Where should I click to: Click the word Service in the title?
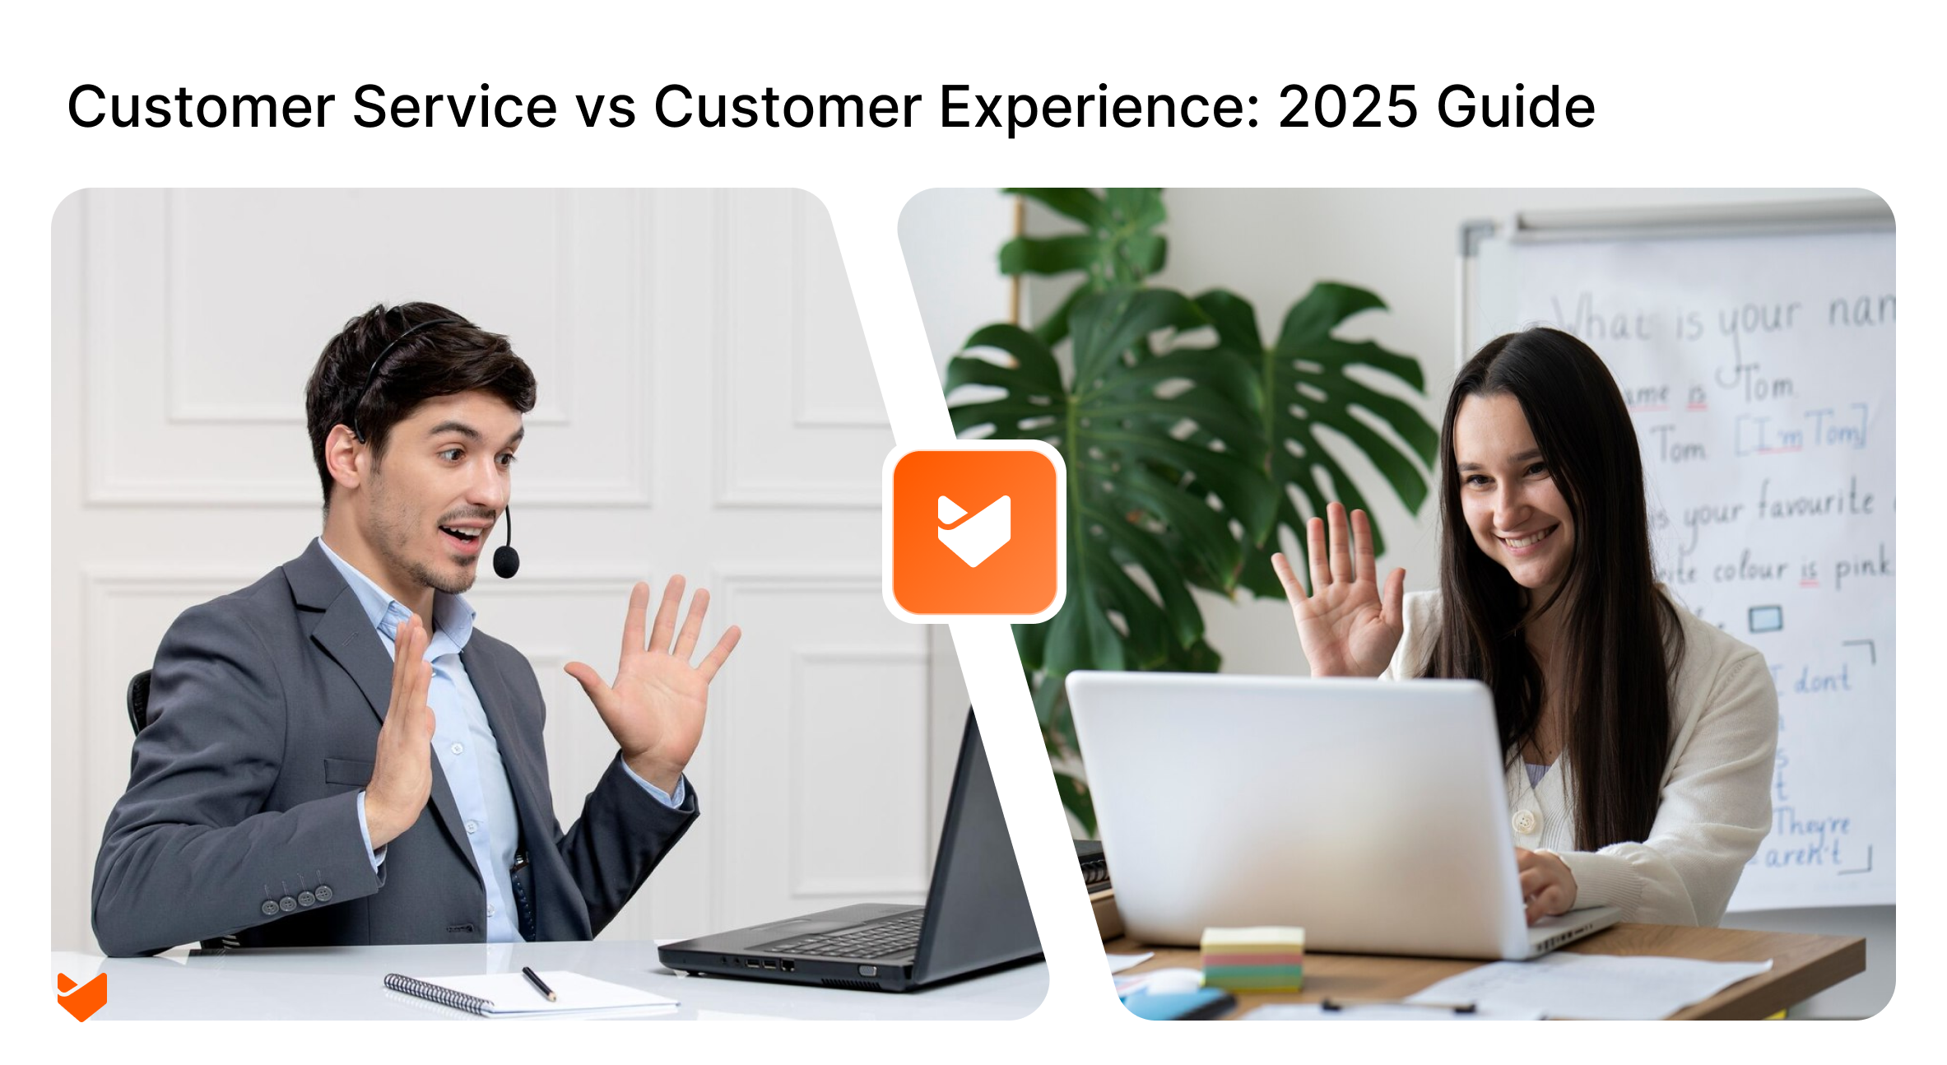pos(454,107)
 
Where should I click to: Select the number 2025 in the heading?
pos(1346,107)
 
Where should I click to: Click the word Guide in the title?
pos(1515,107)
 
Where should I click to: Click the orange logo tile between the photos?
pos(974,532)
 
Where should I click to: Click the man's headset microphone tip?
pos(505,562)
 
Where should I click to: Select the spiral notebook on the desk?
pos(527,993)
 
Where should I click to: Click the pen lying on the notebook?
pos(539,984)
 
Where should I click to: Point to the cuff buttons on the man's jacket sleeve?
pos(296,900)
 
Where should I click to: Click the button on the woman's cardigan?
pos(1524,821)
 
